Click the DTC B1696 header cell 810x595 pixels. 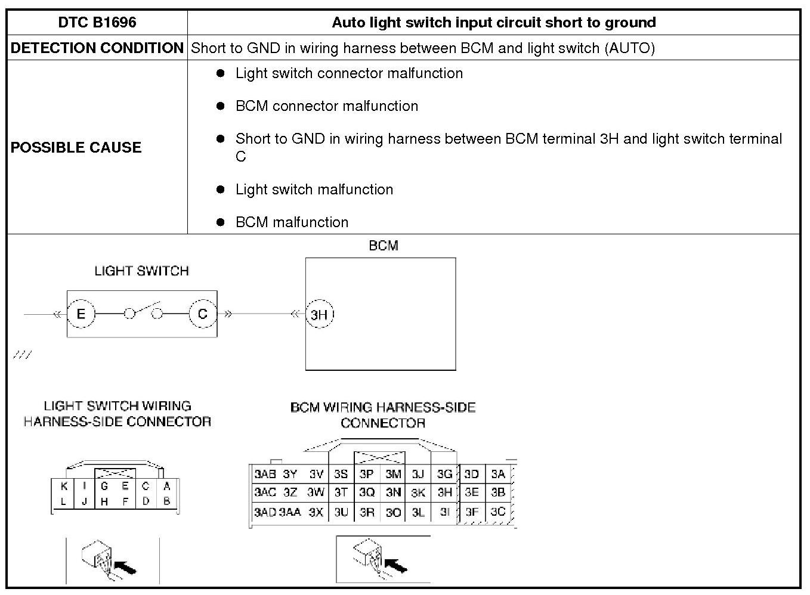[97, 23]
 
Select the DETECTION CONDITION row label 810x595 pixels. [97, 48]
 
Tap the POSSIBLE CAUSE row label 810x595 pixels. [76, 147]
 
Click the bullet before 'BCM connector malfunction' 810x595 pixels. [221, 106]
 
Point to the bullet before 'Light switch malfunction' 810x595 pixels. [221, 190]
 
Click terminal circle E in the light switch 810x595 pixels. [81, 314]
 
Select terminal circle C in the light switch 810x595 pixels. [203, 314]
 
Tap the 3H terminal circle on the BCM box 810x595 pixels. [320, 314]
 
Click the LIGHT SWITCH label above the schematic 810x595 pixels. [141, 271]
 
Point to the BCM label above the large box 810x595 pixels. [384, 246]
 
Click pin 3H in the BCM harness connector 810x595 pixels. [445, 492]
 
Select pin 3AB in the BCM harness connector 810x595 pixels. [265, 475]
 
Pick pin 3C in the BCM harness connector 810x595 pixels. [498, 512]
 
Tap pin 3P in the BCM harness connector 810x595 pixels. [367, 475]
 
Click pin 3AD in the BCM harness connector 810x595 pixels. [265, 512]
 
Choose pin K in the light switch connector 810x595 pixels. [64, 486]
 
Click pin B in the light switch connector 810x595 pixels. [166, 501]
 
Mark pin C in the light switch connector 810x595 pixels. [146, 486]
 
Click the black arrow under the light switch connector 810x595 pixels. [125, 567]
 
